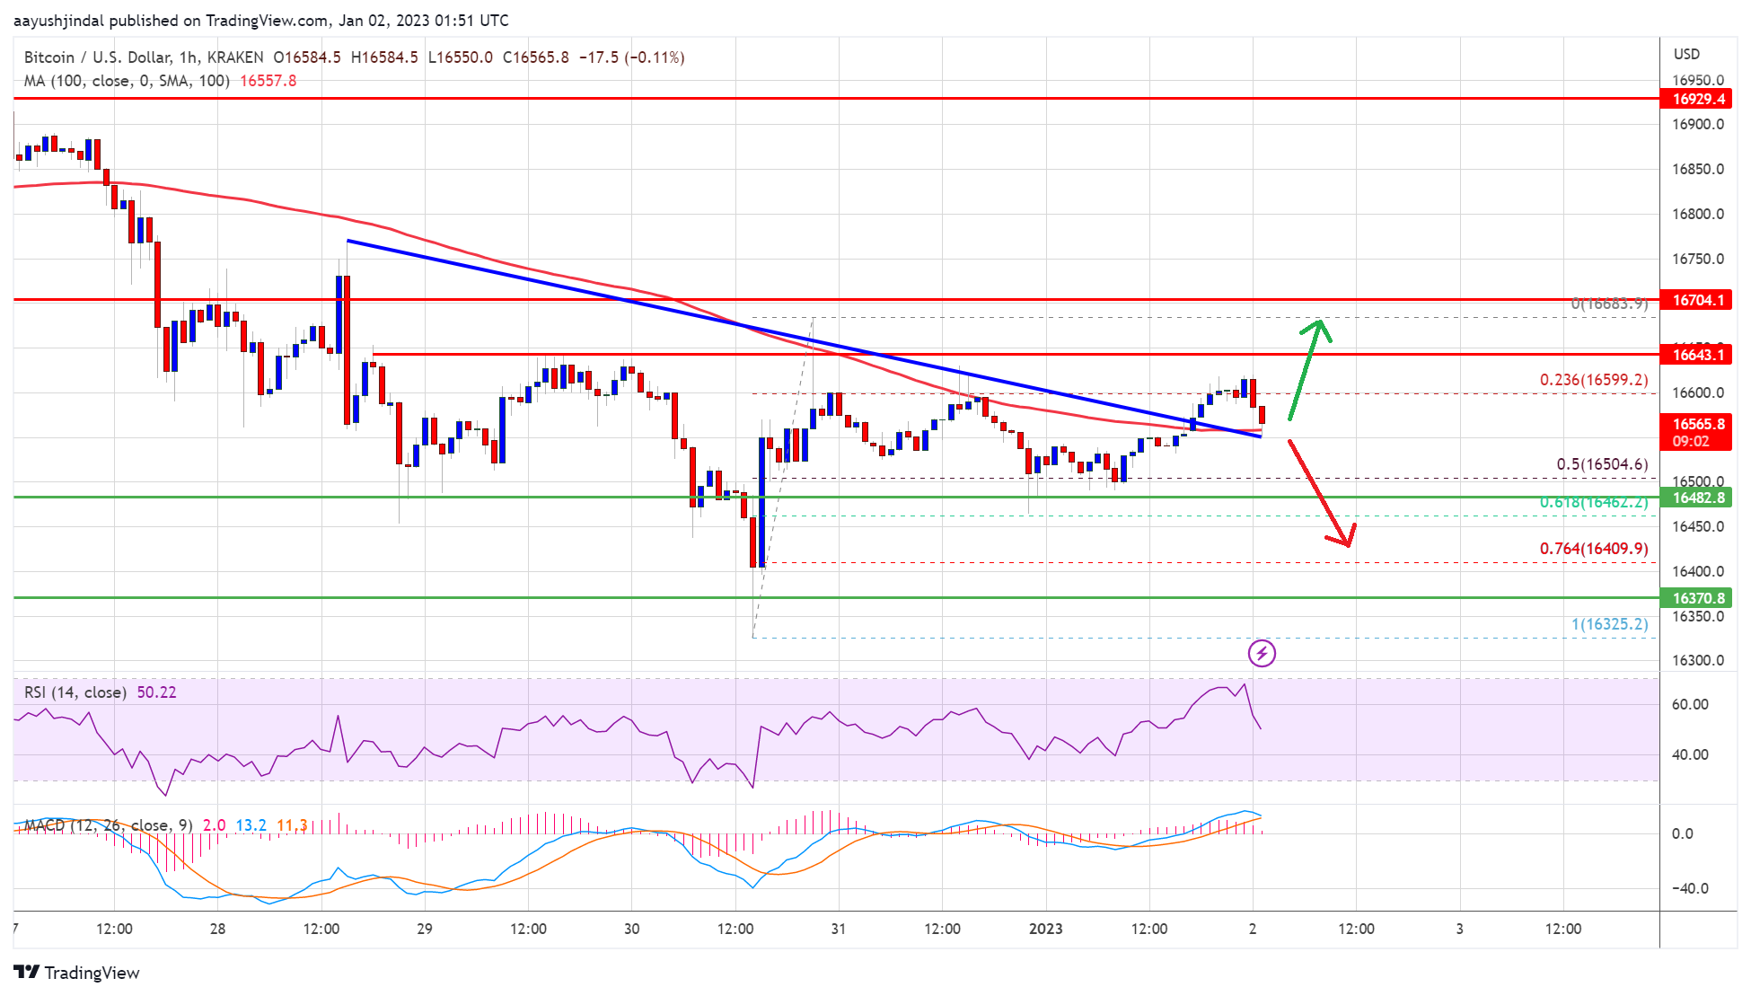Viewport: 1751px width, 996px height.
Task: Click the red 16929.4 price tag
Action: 1697,99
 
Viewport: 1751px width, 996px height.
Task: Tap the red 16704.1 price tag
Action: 1697,300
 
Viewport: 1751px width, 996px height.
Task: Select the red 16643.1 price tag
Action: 1697,355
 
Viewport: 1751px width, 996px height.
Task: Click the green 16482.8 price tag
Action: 1697,498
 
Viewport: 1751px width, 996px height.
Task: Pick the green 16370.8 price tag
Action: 1697,598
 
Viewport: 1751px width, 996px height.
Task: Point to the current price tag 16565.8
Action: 1697,424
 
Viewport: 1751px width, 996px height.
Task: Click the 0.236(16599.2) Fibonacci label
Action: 1593,380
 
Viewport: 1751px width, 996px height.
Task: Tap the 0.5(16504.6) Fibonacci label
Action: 1602,464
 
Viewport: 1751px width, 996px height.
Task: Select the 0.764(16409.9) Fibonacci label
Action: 1593,549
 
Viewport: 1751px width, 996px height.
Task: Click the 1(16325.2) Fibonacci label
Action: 1609,624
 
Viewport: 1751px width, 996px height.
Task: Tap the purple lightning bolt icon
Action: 1262,653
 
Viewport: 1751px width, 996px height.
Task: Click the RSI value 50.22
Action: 156,692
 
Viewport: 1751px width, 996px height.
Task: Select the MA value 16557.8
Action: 268,81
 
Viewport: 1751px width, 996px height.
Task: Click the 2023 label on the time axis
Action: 1045,929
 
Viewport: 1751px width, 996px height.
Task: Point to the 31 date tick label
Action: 838,929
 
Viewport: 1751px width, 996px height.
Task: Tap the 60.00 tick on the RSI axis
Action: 1689,705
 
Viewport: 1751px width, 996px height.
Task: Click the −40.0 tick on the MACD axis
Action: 1689,888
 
